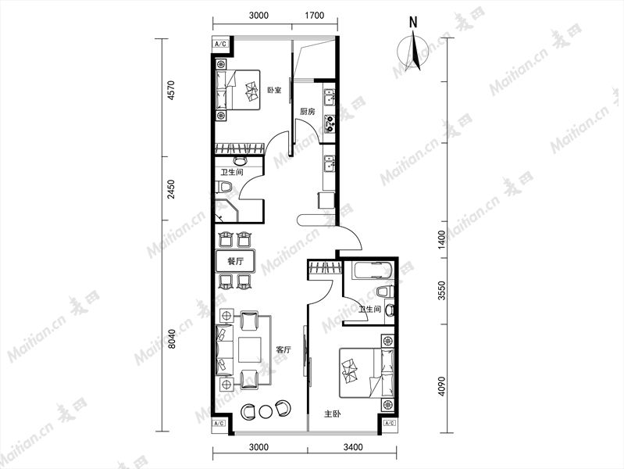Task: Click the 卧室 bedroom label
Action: pyautogui.click(x=274, y=90)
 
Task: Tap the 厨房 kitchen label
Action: pyautogui.click(x=307, y=112)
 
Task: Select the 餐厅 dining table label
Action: pyautogui.click(x=235, y=261)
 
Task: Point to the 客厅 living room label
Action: pyautogui.click(x=283, y=350)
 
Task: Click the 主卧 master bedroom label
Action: pyautogui.click(x=332, y=414)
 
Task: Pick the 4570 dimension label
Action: pyautogui.click(x=171, y=90)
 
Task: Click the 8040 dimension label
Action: pyautogui.click(x=171, y=338)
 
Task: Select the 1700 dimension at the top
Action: pyautogui.click(x=315, y=16)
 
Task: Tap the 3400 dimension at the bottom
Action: pyautogui.click(x=353, y=447)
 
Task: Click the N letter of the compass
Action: pyautogui.click(x=414, y=23)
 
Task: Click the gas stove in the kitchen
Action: pyautogui.click(x=330, y=124)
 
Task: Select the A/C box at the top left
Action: pyautogui.click(x=221, y=44)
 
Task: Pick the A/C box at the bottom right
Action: pyautogui.click(x=390, y=423)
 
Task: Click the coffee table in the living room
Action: pyautogui.click(x=250, y=350)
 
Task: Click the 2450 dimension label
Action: pyautogui.click(x=171, y=190)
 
